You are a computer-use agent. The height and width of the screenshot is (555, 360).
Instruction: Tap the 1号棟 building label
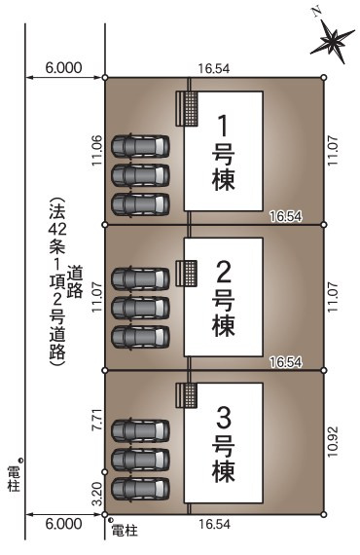pyautogui.click(x=223, y=151)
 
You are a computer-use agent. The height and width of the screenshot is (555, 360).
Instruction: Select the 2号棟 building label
pyautogui.click(x=223, y=297)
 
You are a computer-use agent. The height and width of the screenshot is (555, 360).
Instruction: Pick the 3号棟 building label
pyautogui.click(x=223, y=444)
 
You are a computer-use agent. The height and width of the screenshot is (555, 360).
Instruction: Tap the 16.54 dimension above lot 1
pyautogui.click(x=212, y=69)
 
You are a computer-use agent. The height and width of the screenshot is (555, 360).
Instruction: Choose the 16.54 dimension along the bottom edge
pyautogui.click(x=212, y=524)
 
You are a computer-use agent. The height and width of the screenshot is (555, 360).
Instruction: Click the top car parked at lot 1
pyautogui.click(x=140, y=147)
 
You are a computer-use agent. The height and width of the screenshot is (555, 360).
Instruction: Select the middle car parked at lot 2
pyautogui.click(x=140, y=307)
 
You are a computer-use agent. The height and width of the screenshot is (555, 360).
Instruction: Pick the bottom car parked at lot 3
pyautogui.click(x=140, y=486)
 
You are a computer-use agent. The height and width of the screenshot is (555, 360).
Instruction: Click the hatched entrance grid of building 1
pyautogui.click(x=186, y=108)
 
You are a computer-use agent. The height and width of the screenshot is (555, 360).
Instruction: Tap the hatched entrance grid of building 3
pyautogui.click(x=186, y=394)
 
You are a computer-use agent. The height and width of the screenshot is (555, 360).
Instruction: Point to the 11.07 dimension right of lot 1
pyautogui.click(x=333, y=151)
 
